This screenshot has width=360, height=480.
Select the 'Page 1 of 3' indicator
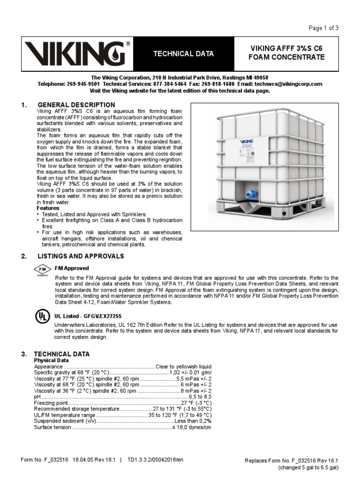coord(323,28)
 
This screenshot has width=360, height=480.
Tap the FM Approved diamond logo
coord(42,270)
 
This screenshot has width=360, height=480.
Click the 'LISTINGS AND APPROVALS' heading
coord(81,256)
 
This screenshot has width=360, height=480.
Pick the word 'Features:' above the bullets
coord(48,208)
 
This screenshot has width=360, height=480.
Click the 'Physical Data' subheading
coord(52,360)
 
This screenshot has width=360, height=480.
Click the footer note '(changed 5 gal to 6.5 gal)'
coord(308,467)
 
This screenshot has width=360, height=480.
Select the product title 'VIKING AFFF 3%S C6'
coord(287,49)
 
